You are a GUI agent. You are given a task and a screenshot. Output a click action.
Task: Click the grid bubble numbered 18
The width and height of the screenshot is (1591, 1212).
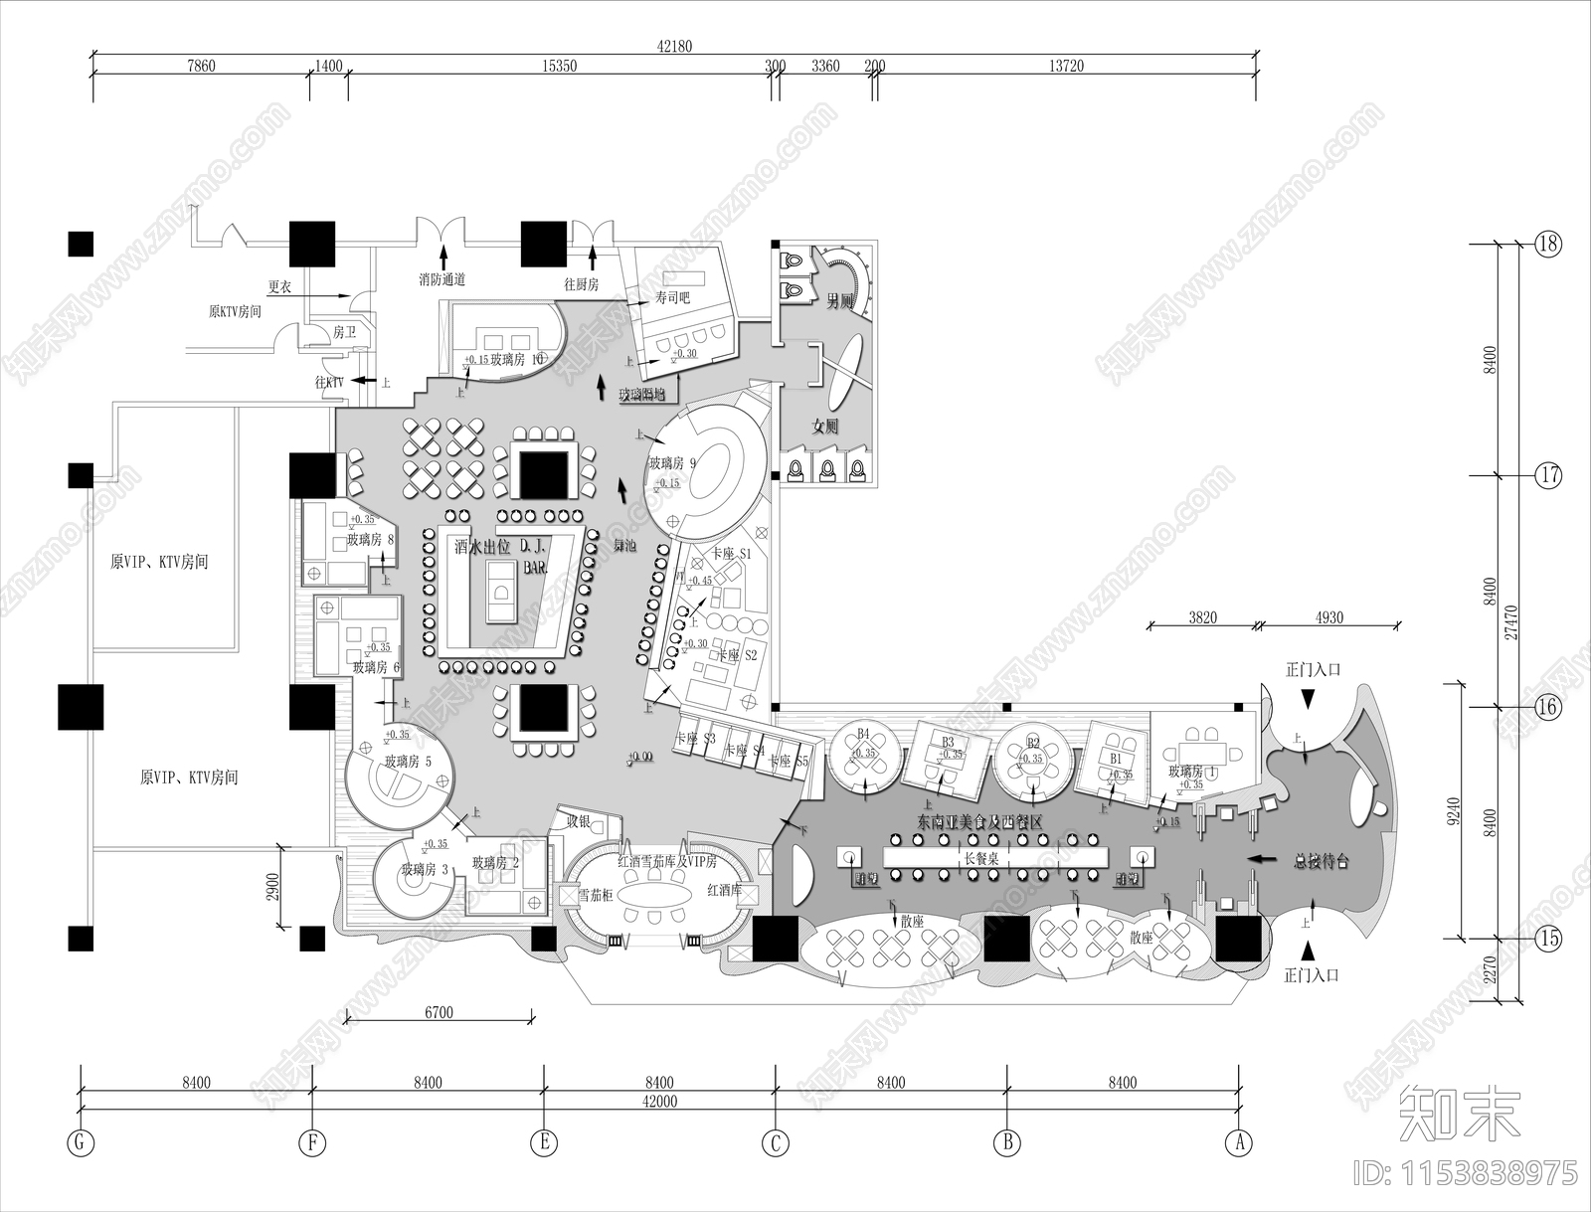[x=1548, y=244]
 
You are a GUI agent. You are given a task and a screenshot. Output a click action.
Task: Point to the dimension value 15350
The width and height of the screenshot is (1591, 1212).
[x=559, y=67]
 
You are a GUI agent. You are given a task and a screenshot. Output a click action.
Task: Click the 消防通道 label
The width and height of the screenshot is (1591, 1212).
[x=442, y=280]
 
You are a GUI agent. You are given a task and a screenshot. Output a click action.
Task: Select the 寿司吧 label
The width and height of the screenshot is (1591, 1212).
[x=672, y=298]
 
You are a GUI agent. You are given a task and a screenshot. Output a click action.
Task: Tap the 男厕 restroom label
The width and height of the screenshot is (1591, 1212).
[x=841, y=301]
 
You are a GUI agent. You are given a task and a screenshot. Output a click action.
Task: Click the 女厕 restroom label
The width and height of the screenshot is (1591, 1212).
[x=825, y=427]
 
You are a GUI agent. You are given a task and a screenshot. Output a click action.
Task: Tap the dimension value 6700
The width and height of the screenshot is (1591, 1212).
[x=439, y=1013]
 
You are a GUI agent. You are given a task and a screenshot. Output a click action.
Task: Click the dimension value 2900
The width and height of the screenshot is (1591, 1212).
[x=272, y=886]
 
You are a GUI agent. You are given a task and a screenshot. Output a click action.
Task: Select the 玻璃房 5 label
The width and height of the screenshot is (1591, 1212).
[x=408, y=762]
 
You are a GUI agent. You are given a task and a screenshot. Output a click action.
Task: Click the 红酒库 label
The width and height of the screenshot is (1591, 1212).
[x=724, y=890]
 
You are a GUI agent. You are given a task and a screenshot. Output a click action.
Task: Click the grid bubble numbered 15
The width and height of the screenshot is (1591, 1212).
[x=1548, y=938]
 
